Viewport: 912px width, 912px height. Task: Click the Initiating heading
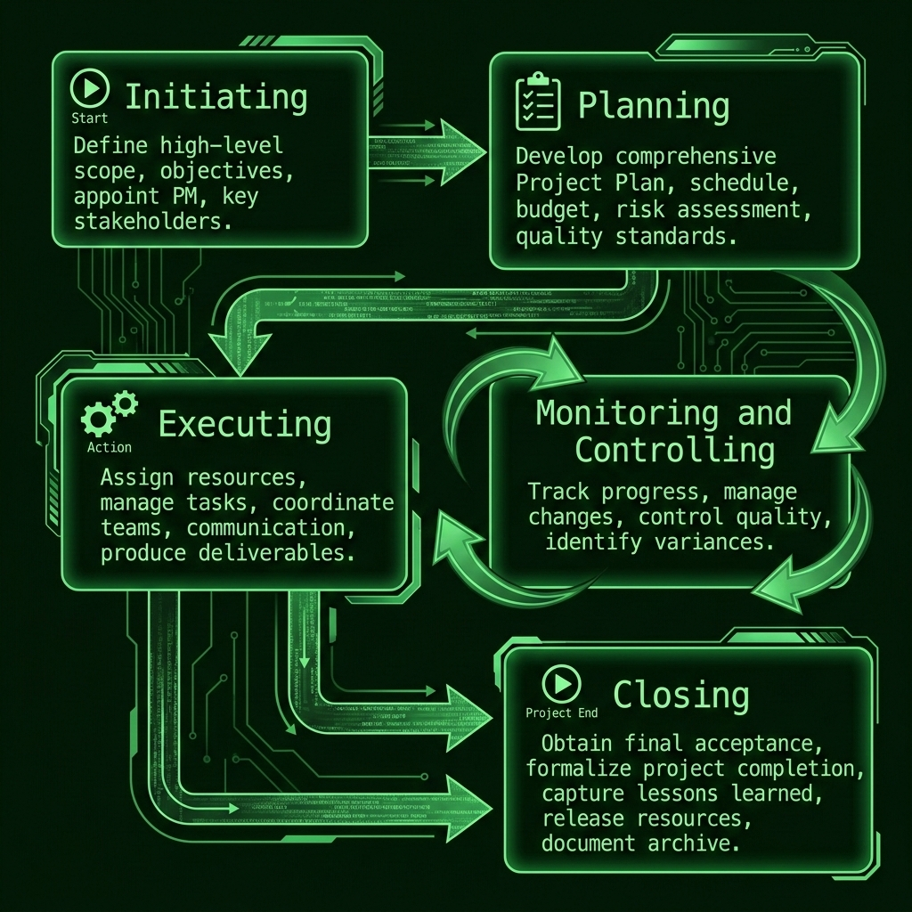(216, 96)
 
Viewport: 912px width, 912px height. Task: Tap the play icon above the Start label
(90, 89)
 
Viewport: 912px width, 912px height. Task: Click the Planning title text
(654, 106)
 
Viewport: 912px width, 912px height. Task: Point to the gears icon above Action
(110, 415)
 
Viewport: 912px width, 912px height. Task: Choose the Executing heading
(244, 425)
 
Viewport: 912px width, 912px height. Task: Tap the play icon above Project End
(561, 684)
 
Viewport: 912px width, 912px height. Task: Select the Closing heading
(680, 695)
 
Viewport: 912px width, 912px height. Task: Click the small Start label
(89, 118)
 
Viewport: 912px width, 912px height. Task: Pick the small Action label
(110, 447)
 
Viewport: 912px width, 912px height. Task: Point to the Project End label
(561, 712)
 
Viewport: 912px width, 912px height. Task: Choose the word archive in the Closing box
(703, 843)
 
